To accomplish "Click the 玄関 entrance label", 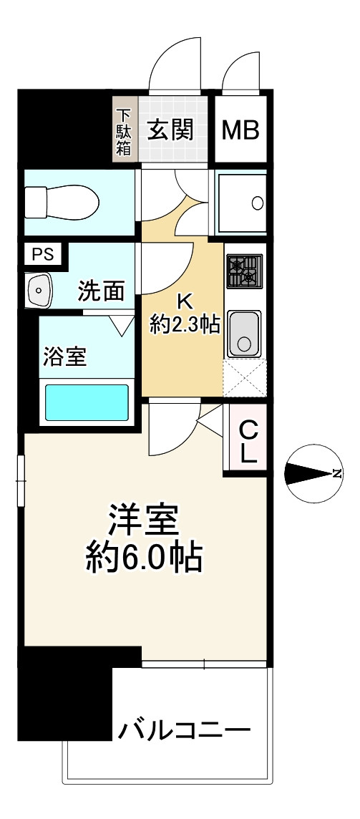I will [x=171, y=130].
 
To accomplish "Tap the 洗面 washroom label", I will [x=101, y=291].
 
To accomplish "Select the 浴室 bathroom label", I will [x=65, y=357].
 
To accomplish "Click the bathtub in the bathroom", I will [x=87, y=402].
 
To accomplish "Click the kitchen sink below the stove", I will [x=245, y=334].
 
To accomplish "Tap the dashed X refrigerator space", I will [x=245, y=377].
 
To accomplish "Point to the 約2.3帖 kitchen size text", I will [x=184, y=325].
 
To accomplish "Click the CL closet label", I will [x=248, y=442].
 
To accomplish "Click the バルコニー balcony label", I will [x=185, y=731].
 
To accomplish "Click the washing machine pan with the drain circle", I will [x=242, y=203].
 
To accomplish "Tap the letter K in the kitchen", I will [x=183, y=301].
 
